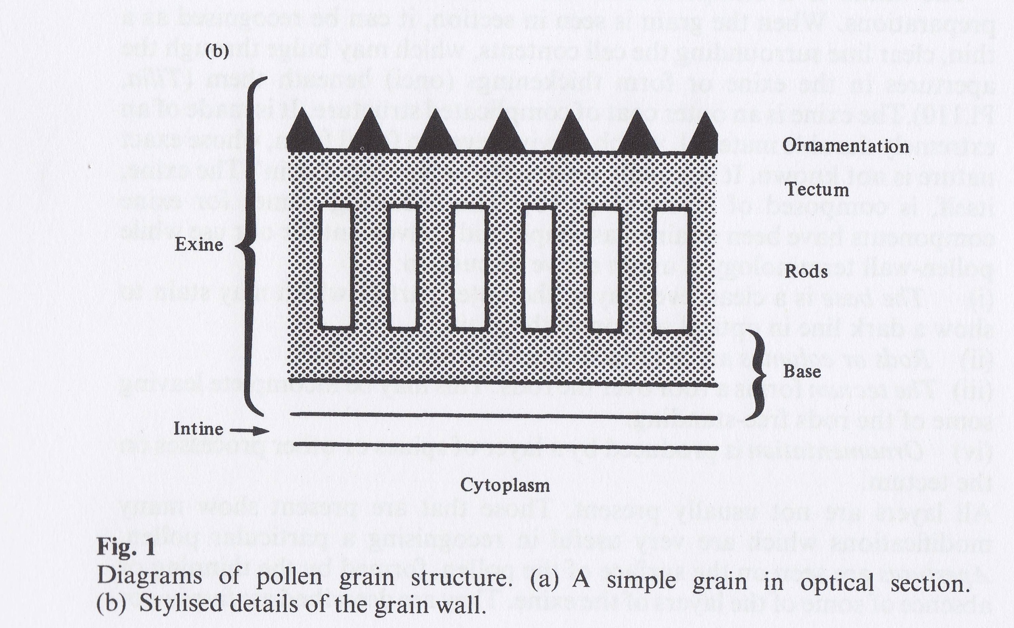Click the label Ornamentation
click(x=846, y=146)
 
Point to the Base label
click(x=802, y=371)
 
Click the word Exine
click(x=199, y=245)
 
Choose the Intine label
click(x=198, y=429)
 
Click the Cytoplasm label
click(x=505, y=485)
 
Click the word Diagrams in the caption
click(x=149, y=578)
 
